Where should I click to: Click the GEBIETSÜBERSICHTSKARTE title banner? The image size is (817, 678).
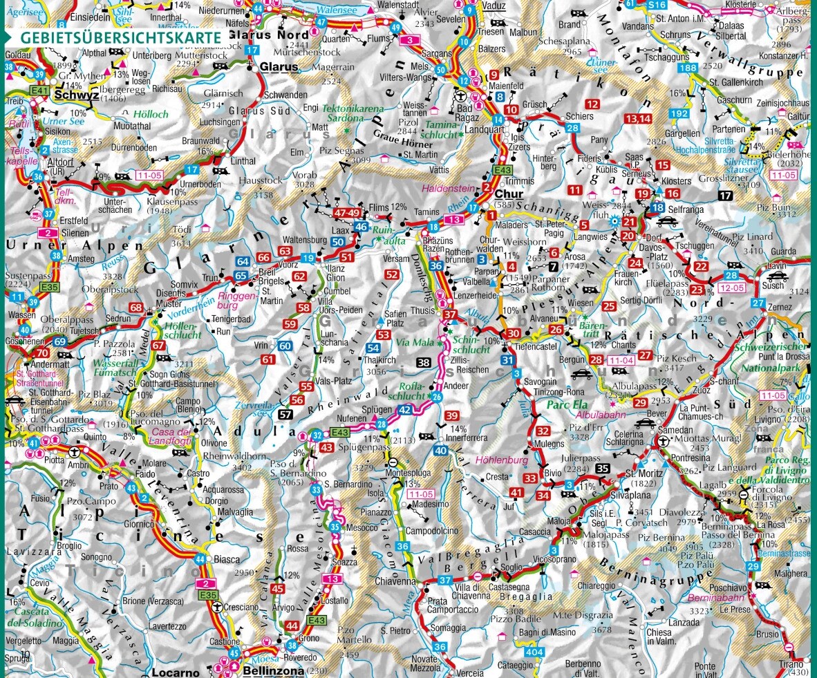120,37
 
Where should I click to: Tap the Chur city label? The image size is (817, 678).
509,194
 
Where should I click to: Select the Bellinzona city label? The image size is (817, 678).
274,671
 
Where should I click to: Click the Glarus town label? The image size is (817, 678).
279,67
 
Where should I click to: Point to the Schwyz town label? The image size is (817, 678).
73,95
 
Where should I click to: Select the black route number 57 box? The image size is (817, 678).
285,415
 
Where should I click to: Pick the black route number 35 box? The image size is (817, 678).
603,469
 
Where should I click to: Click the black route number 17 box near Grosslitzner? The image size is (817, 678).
725,196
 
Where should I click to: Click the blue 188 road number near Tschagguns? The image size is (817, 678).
687,68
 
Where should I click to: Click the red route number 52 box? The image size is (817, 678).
392,274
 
